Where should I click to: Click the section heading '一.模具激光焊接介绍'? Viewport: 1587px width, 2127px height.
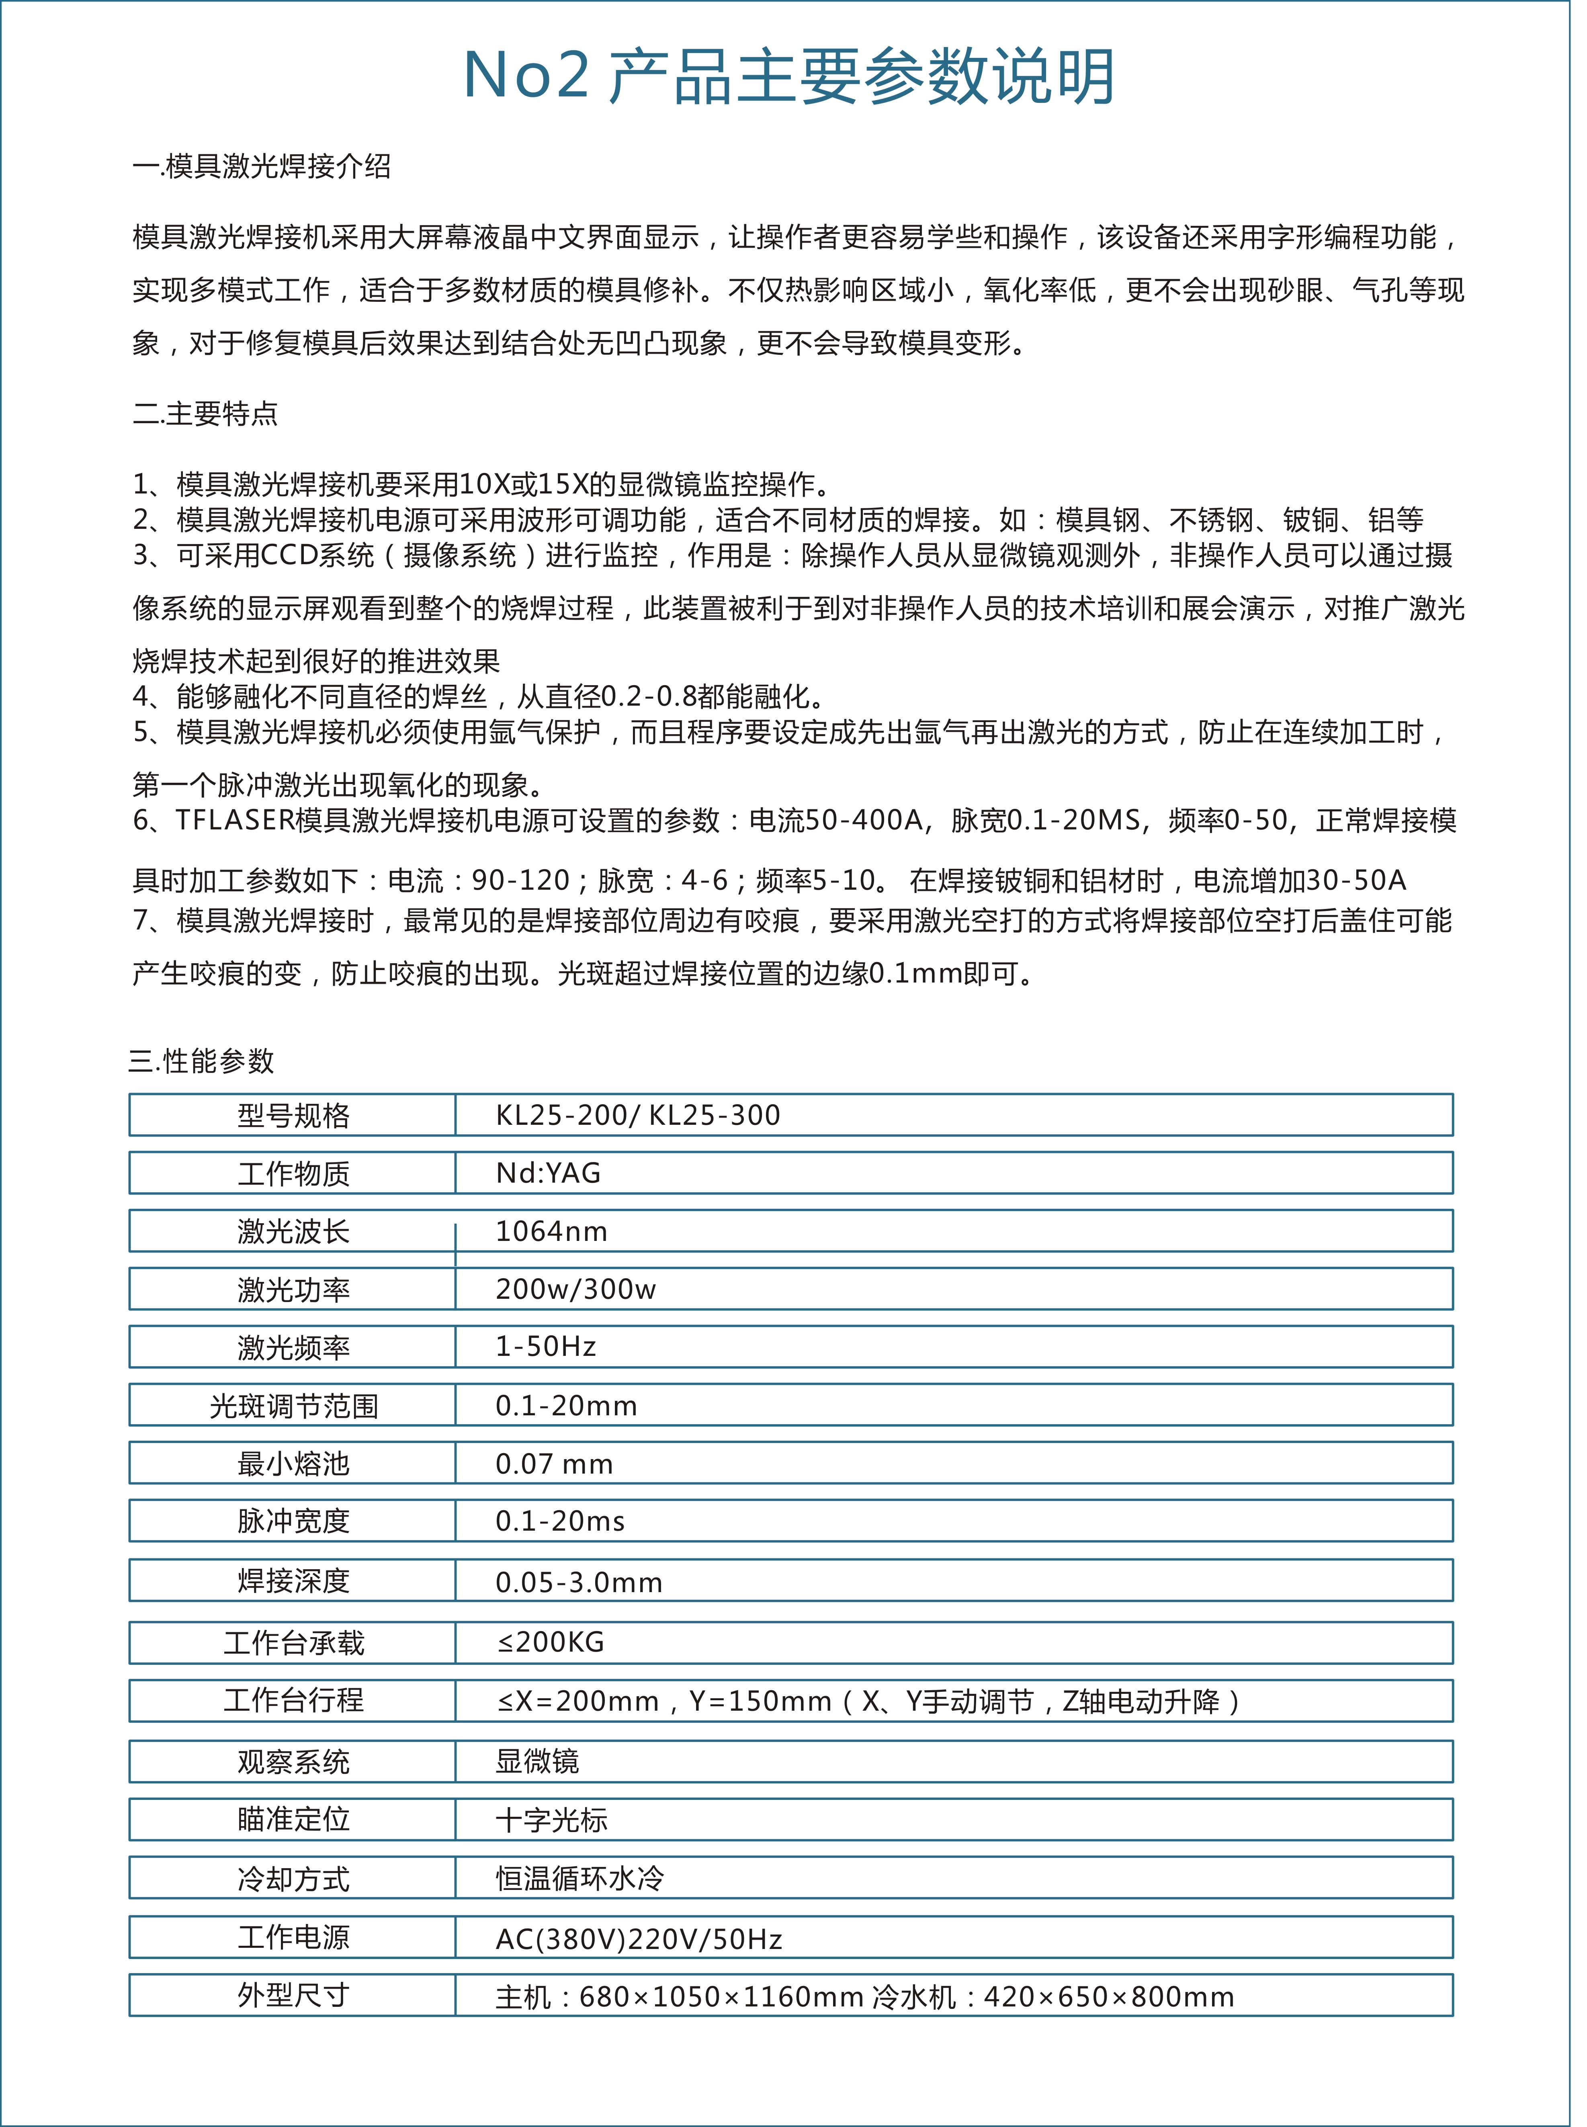click(x=261, y=167)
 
